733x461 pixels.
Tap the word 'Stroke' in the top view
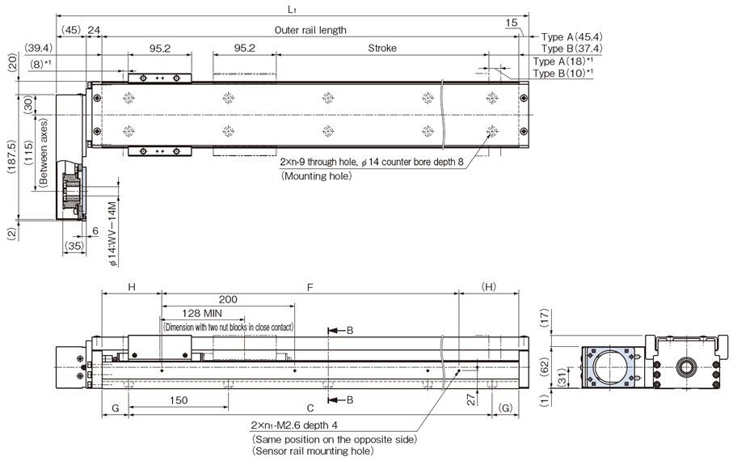tap(382, 49)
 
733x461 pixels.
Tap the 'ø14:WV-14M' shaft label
tap(114, 234)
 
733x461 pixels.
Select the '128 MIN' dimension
tap(203, 312)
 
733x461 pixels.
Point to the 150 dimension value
tap(181, 400)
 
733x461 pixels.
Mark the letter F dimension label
tap(309, 285)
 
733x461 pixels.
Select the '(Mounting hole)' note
tap(316, 175)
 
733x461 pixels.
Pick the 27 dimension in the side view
tap(470, 398)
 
